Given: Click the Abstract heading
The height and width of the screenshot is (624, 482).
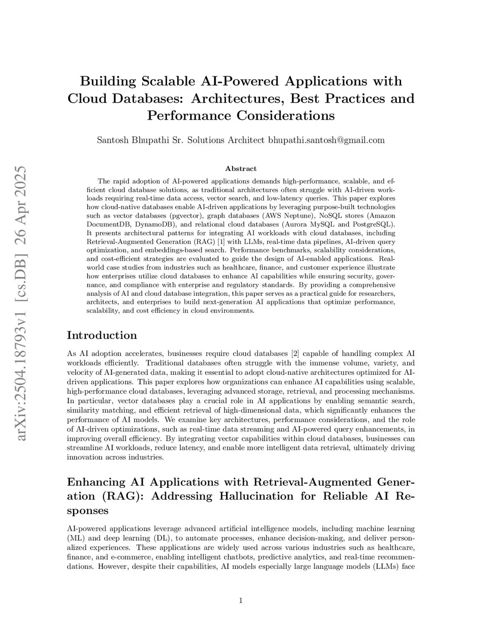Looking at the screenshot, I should [x=241, y=169].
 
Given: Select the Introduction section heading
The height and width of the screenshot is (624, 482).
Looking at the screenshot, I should [x=102, y=335].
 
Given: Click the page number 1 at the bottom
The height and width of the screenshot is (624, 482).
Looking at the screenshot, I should [x=241, y=600].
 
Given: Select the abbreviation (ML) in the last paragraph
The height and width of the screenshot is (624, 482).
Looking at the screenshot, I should [x=75, y=538].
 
